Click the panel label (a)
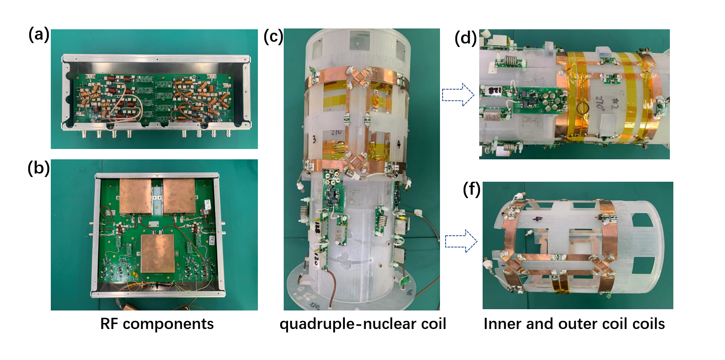[39, 34]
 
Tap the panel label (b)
[39, 168]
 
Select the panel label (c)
[273, 36]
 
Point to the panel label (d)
[465, 38]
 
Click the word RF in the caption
[109, 324]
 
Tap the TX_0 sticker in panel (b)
[212, 240]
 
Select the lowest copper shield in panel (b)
[158, 254]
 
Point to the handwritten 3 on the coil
[314, 139]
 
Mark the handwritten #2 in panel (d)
[614, 105]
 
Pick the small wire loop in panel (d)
[582, 107]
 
